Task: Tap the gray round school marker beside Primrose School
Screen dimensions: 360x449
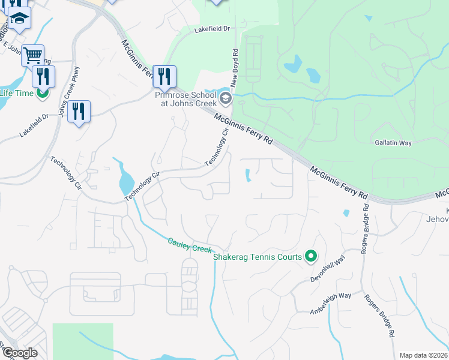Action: coord(225,98)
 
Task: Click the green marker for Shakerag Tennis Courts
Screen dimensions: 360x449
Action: coord(310,257)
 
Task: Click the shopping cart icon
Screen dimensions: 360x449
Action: coord(33,55)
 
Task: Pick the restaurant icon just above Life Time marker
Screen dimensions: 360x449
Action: coord(43,76)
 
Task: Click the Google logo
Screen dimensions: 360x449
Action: coord(19,353)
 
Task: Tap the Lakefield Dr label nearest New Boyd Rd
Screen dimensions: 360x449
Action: coord(212,28)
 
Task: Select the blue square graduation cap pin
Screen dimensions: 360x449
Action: coord(20,19)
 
